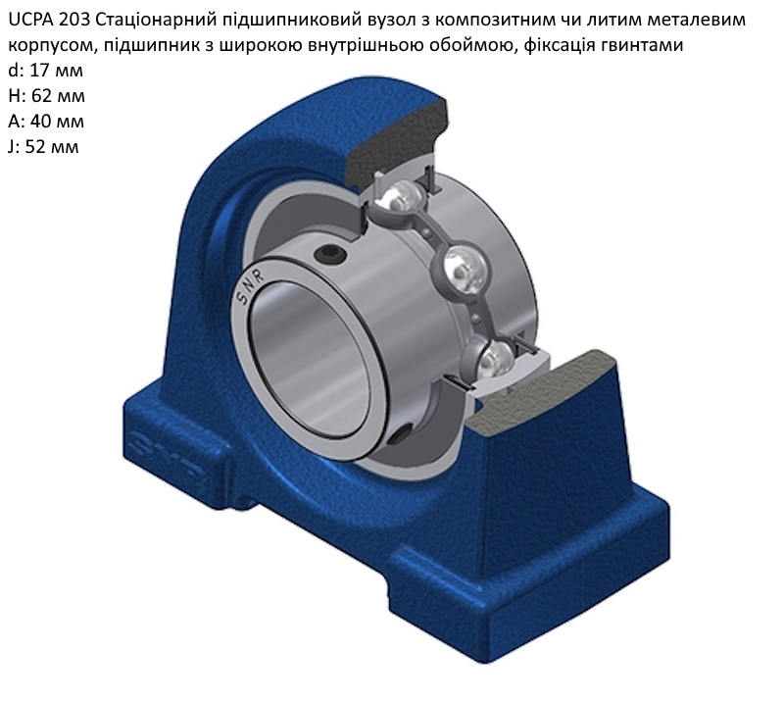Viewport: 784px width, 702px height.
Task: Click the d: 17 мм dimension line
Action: tap(45, 71)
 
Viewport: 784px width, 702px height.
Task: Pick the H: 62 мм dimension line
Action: tap(46, 96)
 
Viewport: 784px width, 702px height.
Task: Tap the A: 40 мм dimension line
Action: tap(46, 122)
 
